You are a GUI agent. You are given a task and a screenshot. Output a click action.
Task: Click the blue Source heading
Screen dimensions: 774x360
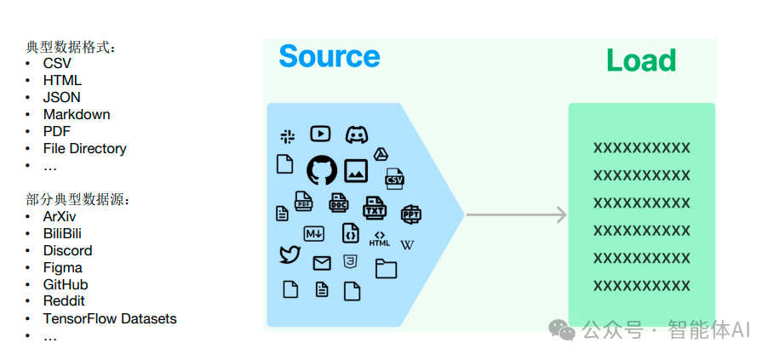[330, 56]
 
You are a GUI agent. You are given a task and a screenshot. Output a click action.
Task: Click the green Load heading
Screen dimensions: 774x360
[640, 60]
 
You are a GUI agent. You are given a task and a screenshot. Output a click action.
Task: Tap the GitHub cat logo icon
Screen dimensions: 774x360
[322, 170]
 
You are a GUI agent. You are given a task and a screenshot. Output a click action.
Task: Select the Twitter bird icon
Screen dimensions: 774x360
[290, 254]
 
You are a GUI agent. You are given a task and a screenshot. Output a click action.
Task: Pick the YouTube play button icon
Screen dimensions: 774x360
[320, 134]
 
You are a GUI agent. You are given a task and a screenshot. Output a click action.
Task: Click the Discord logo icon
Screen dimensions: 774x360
[357, 134]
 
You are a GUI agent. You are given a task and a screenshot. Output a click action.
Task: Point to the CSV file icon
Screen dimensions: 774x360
[394, 179]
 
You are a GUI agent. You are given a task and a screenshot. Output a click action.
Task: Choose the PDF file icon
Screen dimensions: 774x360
[304, 201]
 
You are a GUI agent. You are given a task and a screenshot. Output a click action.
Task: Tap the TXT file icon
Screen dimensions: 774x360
[374, 208]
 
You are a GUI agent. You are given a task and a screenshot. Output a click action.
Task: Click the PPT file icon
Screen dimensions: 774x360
[410, 214]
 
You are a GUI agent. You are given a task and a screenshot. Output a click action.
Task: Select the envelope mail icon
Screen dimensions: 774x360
[322, 264]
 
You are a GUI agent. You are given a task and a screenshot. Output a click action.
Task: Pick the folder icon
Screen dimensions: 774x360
[386, 269]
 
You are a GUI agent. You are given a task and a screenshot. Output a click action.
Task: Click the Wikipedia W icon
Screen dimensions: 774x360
[407, 245]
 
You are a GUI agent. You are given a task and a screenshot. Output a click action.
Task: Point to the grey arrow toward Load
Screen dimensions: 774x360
[516, 214]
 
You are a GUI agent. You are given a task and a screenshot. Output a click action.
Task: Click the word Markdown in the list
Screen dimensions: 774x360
[77, 114]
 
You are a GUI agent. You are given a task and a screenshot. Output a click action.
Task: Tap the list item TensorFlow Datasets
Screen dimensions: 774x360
[110, 318]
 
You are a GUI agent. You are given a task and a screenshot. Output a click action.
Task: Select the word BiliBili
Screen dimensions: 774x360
[62, 233]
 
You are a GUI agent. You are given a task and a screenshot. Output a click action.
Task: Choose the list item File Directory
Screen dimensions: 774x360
[85, 148]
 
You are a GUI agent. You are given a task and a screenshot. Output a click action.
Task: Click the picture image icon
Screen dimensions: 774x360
[355, 170]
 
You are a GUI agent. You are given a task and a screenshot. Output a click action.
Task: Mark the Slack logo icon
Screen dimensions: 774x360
[287, 136]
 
